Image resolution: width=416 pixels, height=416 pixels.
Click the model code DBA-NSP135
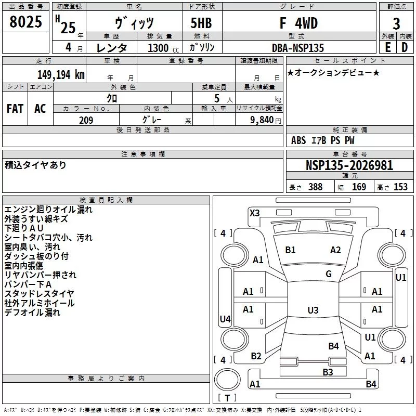(298, 48)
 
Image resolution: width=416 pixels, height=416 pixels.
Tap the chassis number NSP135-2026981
(349, 165)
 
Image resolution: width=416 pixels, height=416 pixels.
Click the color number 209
(86, 120)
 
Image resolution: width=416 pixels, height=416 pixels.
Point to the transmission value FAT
(15, 108)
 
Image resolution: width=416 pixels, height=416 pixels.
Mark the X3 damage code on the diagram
(255, 213)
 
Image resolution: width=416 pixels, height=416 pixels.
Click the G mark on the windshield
(329, 274)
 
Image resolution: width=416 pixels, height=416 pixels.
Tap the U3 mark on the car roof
(313, 310)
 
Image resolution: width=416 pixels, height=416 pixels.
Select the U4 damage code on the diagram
(225, 319)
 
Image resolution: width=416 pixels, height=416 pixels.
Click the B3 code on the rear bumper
(328, 372)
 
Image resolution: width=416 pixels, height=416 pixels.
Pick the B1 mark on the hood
(290, 250)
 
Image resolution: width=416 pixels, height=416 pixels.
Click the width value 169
(359, 187)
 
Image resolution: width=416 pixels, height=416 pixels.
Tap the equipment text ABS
(298, 140)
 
